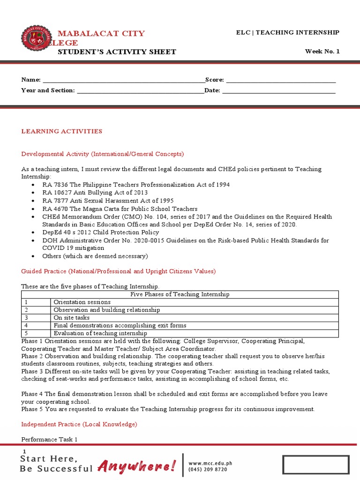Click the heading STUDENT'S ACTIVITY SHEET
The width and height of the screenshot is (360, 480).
pos(117,52)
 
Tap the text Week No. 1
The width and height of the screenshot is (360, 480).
pos(322,52)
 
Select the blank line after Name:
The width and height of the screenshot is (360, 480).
pos(123,81)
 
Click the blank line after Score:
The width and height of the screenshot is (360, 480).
pos(281,81)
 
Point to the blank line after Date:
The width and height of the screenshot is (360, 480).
pos(279,90)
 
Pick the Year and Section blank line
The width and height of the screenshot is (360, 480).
pos(140,90)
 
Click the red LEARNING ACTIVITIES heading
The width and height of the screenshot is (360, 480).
pos(61,131)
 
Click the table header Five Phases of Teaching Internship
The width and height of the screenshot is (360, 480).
pos(180,294)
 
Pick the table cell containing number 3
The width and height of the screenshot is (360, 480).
pos(36,318)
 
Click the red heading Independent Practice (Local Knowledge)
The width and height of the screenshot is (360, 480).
pos(79,424)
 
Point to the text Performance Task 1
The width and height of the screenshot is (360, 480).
pos(49,440)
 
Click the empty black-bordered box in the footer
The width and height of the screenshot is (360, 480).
pos(315,465)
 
